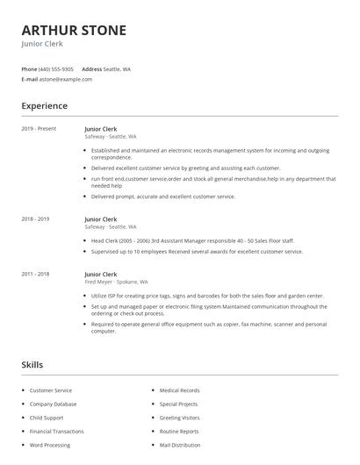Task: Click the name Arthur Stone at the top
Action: [x=74, y=30]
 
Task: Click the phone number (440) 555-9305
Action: [x=57, y=68]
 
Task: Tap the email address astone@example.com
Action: [x=66, y=79]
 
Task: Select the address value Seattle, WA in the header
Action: [x=117, y=68]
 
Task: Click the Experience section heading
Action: [x=44, y=106]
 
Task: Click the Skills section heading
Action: [x=32, y=364]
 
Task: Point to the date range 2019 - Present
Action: [x=39, y=129]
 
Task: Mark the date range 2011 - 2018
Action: [x=35, y=274]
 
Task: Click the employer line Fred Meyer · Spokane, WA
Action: [x=116, y=283]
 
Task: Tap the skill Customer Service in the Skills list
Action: [x=51, y=390]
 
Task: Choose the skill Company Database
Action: [x=53, y=404]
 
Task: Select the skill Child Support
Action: [x=47, y=418]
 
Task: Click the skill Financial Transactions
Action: [x=57, y=432]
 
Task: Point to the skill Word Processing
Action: [x=50, y=446]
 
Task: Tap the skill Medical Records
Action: [x=179, y=390]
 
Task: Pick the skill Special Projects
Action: [x=179, y=404]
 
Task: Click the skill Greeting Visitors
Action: [x=179, y=418]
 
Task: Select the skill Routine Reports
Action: [x=179, y=432]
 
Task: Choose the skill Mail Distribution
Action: [x=179, y=446]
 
